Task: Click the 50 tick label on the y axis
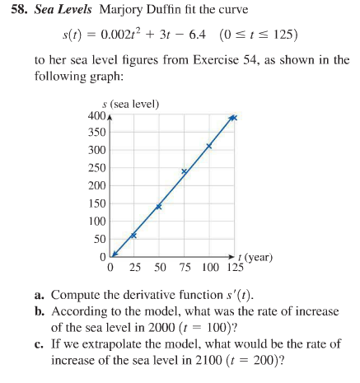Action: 98,239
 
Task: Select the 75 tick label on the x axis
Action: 185,268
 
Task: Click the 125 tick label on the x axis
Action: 234,268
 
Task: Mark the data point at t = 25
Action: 133,236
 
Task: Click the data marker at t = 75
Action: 185,171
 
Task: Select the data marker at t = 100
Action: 209,146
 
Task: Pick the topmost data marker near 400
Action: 233,118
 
